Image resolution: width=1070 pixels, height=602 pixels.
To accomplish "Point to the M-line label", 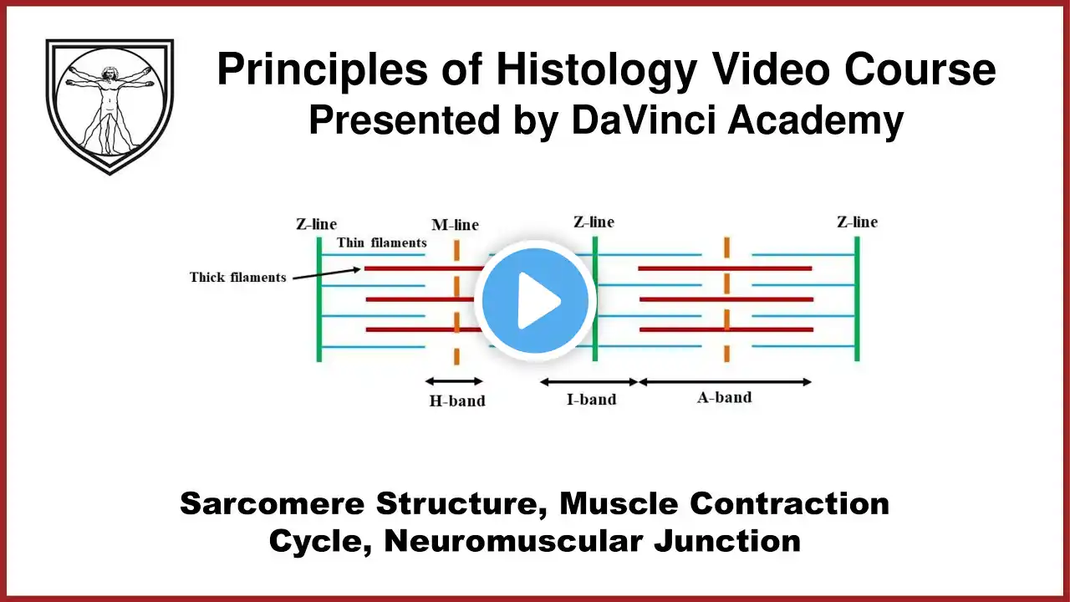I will tap(455, 225).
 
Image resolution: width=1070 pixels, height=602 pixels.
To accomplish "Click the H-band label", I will tap(457, 400).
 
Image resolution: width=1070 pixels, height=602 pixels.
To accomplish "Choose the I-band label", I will tap(591, 399).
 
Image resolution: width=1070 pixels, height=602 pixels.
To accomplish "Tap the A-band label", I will tap(724, 397).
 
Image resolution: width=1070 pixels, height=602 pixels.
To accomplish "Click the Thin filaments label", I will tap(382, 242).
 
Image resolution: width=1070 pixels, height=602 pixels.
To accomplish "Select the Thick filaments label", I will tap(237, 277).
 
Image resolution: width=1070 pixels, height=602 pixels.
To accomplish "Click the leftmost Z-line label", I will tap(316, 223).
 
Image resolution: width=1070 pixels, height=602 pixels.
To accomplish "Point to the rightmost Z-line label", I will tap(857, 222).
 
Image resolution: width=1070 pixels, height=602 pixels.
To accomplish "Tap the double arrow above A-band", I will tap(724, 382).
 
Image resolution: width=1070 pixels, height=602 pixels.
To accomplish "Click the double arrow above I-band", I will tap(588, 382).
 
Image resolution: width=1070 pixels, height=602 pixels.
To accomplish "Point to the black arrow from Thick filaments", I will tap(326, 273).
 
